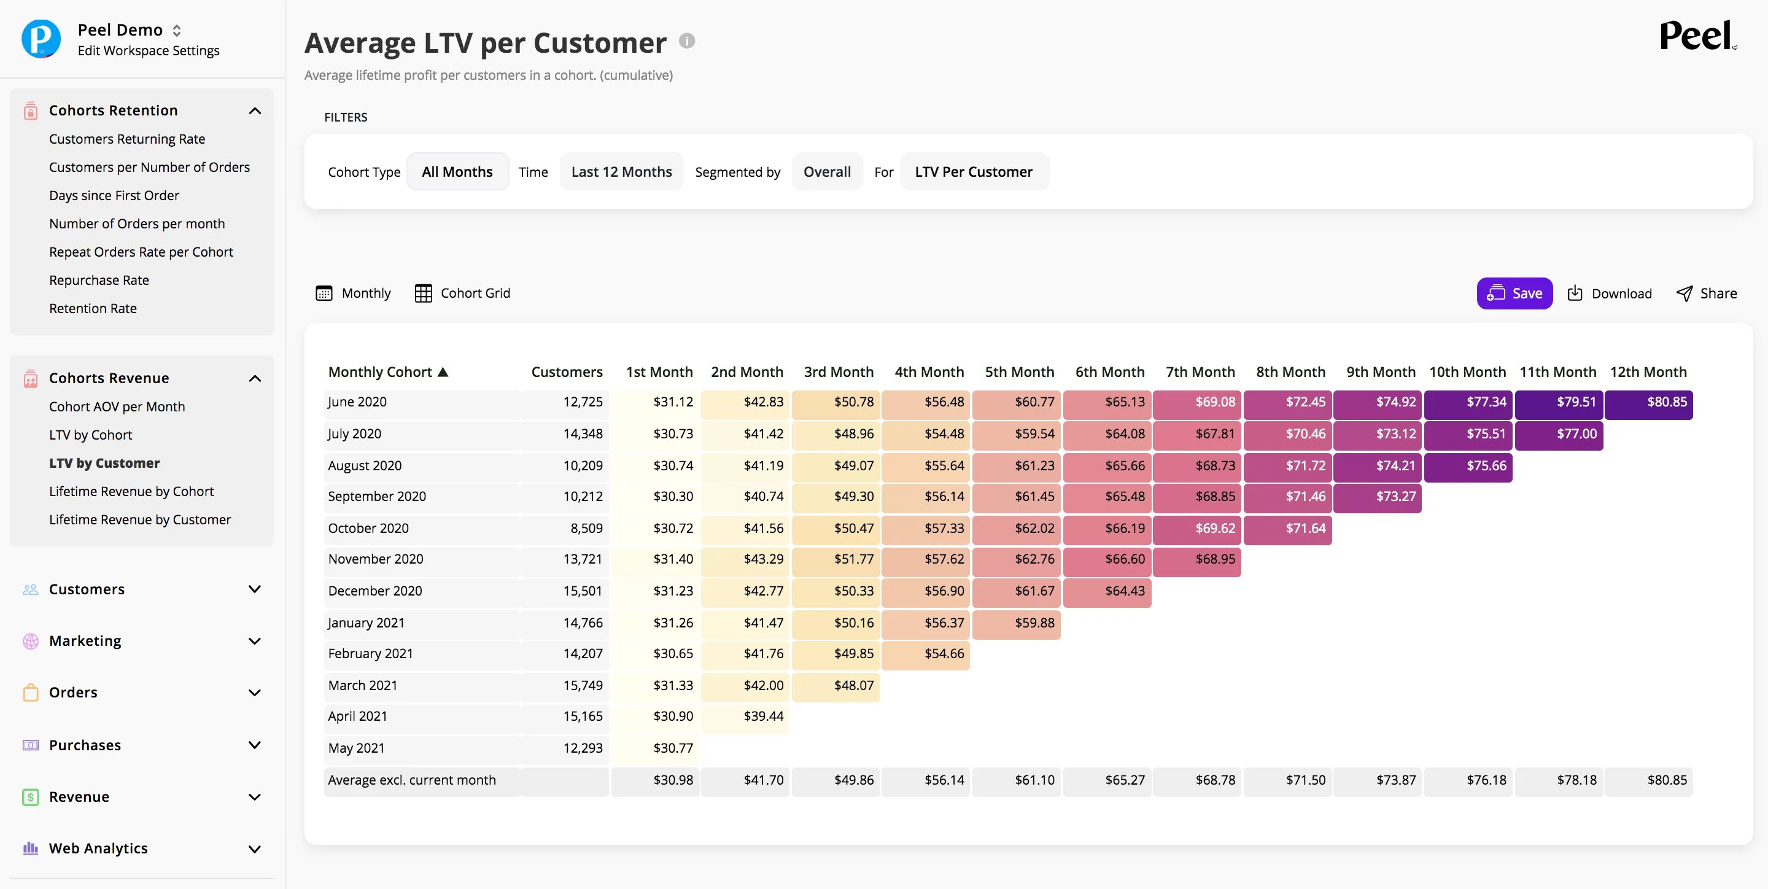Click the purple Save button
(x=1514, y=293)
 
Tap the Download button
(x=1610, y=293)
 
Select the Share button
(x=1707, y=293)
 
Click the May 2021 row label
(x=356, y=748)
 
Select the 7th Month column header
(x=1200, y=371)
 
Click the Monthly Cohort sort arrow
(x=443, y=371)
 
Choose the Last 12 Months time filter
(x=621, y=172)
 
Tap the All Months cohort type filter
(x=457, y=172)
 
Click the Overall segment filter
(x=827, y=172)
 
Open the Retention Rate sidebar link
(x=93, y=308)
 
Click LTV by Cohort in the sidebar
(x=91, y=435)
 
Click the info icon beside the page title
(x=687, y=41)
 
